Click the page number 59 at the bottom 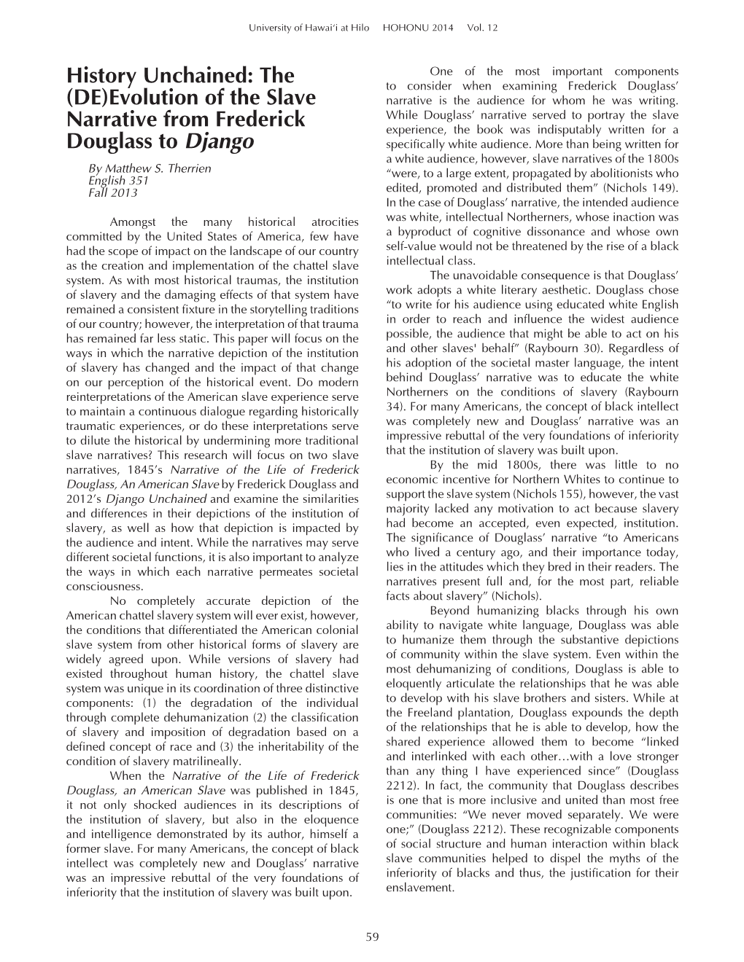click(x=373, y=937)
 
